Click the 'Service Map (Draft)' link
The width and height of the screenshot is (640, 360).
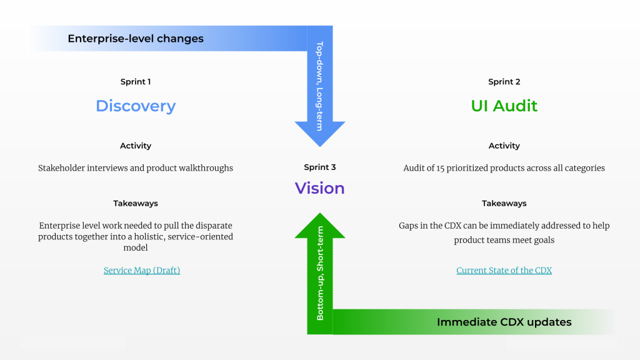tap(142, 270)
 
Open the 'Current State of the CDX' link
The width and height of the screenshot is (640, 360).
tap(504, 270)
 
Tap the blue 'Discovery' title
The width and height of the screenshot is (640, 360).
tap(136, 106)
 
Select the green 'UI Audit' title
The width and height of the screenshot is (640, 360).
tap(504, 106)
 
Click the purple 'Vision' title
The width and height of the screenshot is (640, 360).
tap(319, 188)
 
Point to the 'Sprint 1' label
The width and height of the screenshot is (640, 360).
tap(136, 82)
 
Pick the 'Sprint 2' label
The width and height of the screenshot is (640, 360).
tap(504, 82)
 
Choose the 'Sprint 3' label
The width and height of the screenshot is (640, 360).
tap(319, 167)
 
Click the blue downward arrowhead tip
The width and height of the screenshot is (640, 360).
tap(320, 146)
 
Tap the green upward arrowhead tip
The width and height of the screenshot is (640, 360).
tap(320, 213)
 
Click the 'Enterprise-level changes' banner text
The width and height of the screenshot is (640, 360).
tap(136, 38)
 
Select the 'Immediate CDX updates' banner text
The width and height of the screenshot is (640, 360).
tap(504, 322)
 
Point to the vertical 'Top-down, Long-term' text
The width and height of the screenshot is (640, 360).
tap(319, 86)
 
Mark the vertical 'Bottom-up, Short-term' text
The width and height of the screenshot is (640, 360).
tap(320, 273)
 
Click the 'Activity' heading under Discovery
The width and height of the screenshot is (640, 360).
tap(136, 146)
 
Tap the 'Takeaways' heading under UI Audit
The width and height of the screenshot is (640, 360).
tap(504, 203)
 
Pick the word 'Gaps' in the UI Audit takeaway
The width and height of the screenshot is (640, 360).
tap(408, 226)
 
